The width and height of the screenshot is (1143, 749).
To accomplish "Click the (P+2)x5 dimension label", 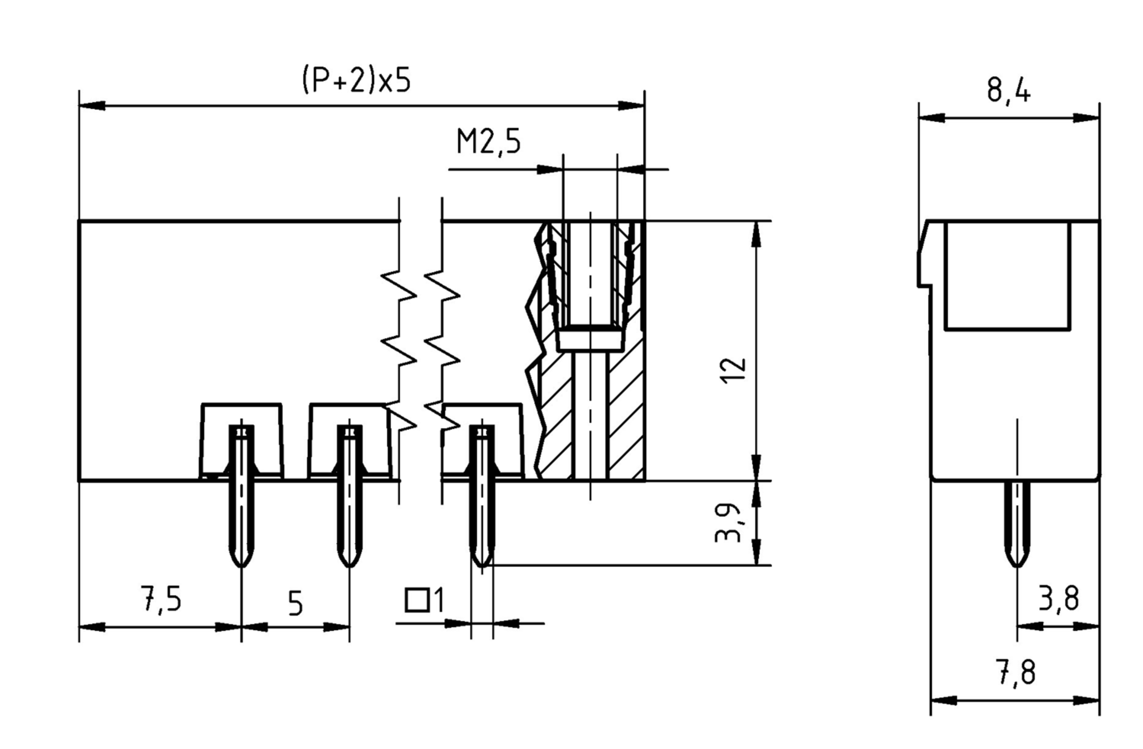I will click(356, 80).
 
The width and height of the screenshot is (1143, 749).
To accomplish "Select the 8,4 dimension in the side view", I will click(1008, 91).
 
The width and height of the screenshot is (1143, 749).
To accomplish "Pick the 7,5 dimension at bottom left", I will click(161, 599).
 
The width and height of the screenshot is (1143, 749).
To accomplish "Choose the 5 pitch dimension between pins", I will click(295, 604).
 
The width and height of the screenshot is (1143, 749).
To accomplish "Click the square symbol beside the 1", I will click(416, 600).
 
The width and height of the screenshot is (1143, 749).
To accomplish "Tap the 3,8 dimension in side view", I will click(1059, 599).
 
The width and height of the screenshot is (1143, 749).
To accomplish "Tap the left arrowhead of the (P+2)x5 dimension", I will click(91, 106).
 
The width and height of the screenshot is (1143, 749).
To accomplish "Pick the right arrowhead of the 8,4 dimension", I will click(1086, 118).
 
